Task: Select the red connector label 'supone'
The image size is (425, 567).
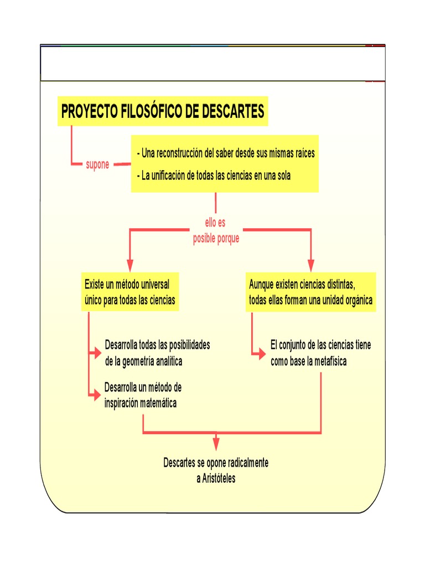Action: point(97,164)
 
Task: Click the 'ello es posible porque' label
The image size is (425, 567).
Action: point(216,231)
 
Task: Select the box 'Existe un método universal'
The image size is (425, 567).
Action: point(129,292)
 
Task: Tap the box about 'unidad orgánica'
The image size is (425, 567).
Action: point(310,292)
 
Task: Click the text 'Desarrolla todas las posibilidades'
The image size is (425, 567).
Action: point(157,345)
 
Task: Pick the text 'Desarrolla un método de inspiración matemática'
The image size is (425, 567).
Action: point(143,395)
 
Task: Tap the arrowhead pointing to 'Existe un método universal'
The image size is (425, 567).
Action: point(130,260)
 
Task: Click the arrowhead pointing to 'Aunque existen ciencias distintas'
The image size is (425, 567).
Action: point(310,260)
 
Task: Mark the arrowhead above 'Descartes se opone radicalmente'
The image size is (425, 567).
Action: point(216,442)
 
